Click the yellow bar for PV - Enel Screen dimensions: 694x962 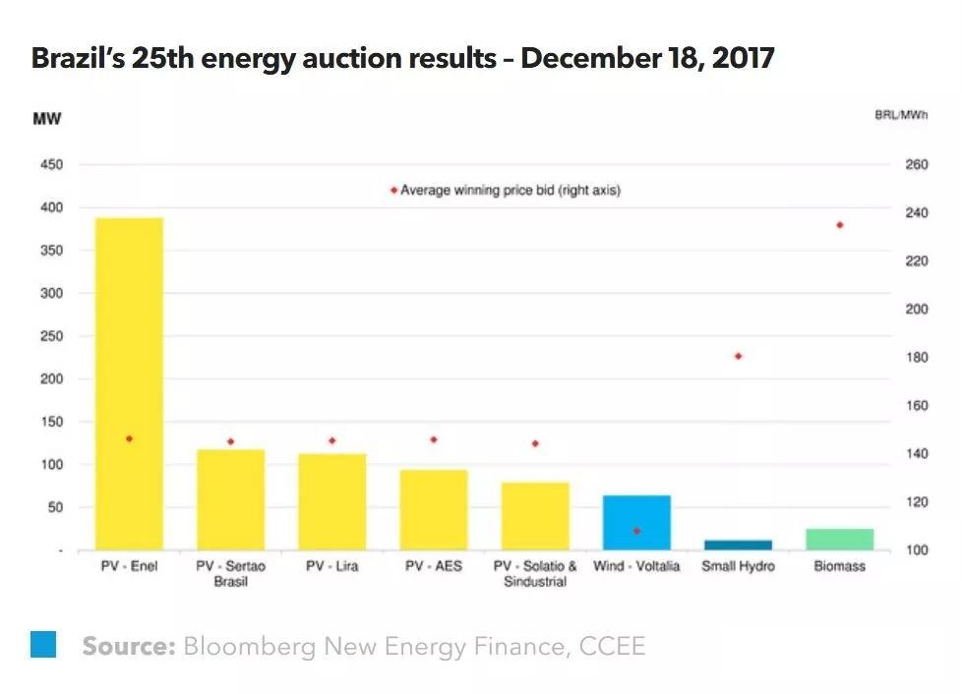(129, 383)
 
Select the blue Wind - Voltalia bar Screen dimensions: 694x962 (636, 522)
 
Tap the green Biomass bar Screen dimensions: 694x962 (839, 539)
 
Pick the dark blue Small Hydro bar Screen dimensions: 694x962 (738, 545)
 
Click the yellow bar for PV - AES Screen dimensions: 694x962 (434, 509)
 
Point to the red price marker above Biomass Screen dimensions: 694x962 (840, 225)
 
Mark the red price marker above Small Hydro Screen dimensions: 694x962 (738, 356)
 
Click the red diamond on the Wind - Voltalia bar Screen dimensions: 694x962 (636, 531)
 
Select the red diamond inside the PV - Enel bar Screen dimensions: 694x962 (129, 438)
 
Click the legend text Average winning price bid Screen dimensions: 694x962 (511, 190)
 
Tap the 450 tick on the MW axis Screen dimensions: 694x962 (51, 165)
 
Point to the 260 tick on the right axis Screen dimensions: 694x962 (916, 165)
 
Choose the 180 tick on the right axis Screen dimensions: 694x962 (916, 357)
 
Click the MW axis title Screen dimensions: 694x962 (47, 119)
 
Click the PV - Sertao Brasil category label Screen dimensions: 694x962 (230, 573)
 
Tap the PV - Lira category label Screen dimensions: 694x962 (331, 566)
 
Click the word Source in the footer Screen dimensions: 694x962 (128, 646)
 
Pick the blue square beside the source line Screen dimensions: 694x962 (43, 644)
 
